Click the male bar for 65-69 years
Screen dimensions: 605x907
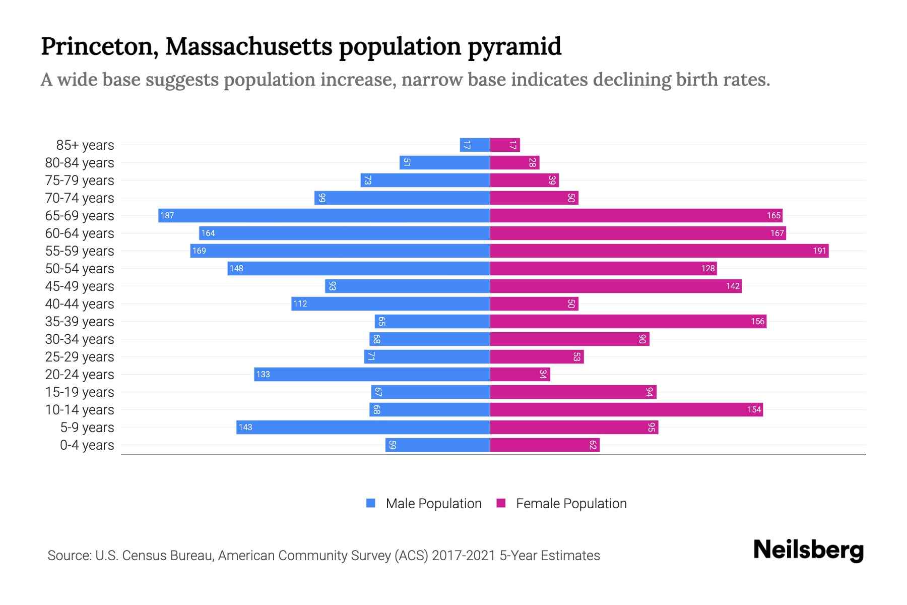(x=323, y=215)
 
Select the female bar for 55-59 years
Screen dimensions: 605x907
(x=659, y=251)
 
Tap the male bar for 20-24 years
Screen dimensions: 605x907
(x=372, y=374)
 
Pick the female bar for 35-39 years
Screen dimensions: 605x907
(x=628, y=321)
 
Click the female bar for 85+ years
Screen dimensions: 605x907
(x=505, y=145)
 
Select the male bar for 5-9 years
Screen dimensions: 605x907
(x=363, y=427)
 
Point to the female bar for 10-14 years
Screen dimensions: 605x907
(x=626, y=409)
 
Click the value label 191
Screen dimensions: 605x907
(x=819, y=251)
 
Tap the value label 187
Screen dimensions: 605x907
(x=167, y=215)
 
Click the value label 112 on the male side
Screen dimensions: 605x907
(x=300, y=304)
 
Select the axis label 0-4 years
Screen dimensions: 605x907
(x=87, y=445)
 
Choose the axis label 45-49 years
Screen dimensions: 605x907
(x=80, y=286)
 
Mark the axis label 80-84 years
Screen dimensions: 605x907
(x=80, y=163)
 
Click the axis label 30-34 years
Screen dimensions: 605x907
(x=80, y=339)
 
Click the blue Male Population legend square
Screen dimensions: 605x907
(x=371, y=503)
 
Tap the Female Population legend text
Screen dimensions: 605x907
(x=571, y=503)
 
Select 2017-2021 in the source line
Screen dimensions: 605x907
(x=463, y=556)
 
